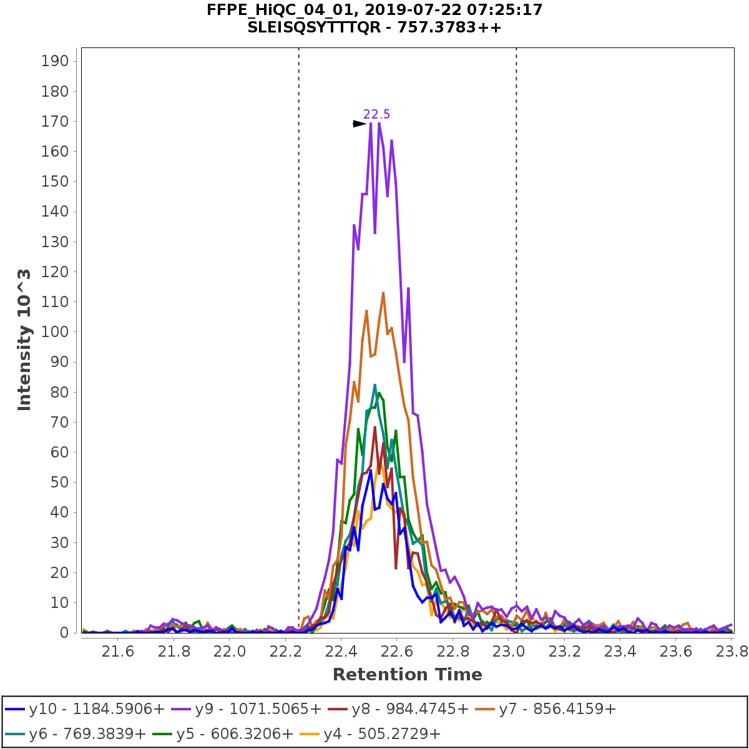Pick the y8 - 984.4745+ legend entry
(409, 710)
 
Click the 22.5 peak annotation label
(376, 114)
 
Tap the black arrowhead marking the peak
(360, 124)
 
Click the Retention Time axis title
(407, 675)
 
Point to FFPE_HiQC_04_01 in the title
(267, 10)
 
